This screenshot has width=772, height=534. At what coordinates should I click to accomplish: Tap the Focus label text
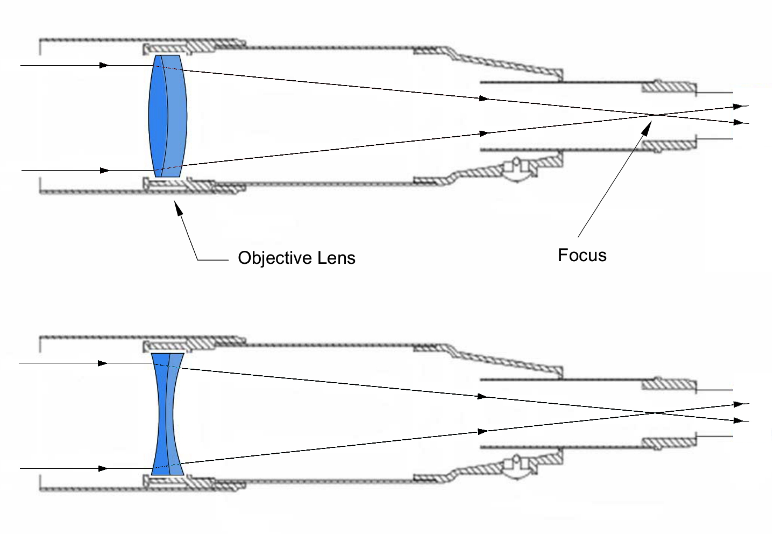[582, 255]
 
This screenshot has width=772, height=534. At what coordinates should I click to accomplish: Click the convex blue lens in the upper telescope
[167, 116]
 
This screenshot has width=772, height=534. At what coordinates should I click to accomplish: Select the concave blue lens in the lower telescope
[167, 414]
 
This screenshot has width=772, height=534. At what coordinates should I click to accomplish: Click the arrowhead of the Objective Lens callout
[178, 207]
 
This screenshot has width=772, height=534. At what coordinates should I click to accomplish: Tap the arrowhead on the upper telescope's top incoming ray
[104, 65]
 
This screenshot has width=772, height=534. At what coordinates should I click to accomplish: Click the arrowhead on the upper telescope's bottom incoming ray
[104, 170]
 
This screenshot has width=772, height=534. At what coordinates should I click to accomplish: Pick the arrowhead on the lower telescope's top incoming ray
[103, 363]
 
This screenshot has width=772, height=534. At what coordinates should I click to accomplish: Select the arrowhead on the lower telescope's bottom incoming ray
[103, 469]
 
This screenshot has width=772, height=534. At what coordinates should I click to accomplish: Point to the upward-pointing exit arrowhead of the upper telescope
[738, 107]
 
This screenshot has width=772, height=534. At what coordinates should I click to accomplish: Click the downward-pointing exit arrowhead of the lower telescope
[738, 420]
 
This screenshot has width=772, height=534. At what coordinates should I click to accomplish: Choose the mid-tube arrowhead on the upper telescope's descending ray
[484, 98]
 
